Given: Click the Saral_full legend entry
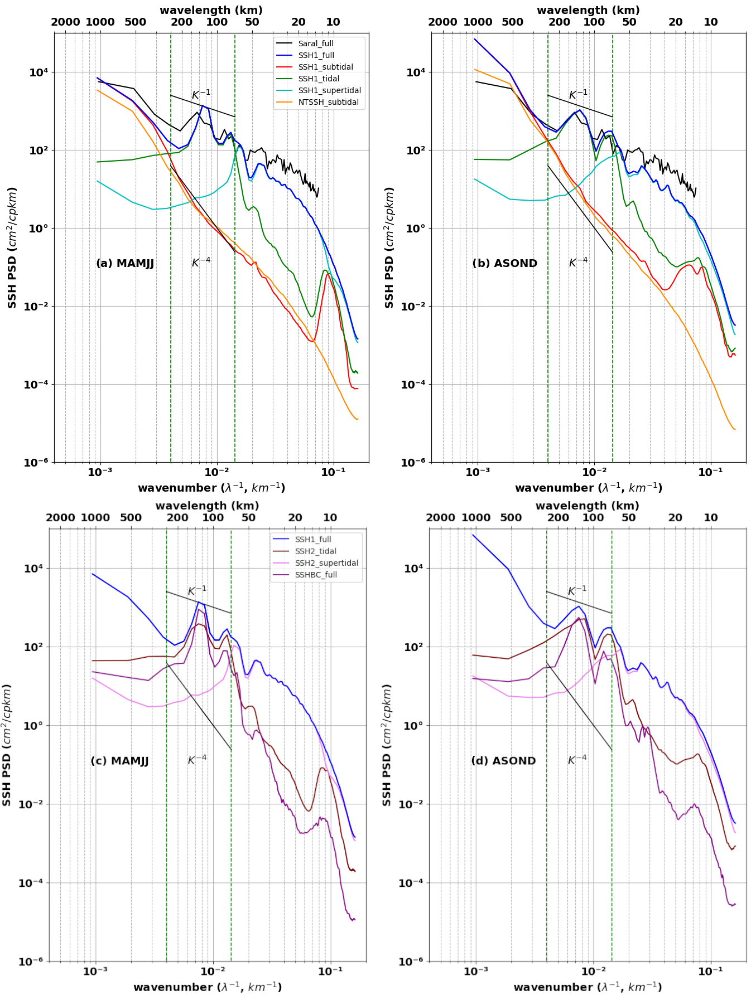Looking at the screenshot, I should point(315,43).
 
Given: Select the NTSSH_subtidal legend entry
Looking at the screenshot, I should point(328,102).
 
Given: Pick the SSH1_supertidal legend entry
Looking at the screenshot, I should point(329,90).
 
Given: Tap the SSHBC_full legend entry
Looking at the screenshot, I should point(316,575).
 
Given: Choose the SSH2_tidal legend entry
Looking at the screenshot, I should point(315,551).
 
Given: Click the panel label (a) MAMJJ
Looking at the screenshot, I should point(125,263).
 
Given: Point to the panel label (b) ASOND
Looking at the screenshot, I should point(504,263).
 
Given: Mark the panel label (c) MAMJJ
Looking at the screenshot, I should point(119,761).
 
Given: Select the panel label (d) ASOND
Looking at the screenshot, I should point(503,761).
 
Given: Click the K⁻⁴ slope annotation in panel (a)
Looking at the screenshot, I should point(201,262).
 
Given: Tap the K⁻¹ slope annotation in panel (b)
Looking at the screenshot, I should point(578,94).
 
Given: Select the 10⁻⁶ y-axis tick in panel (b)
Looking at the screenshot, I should point(415,462).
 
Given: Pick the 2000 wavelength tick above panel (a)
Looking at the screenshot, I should point(65,22).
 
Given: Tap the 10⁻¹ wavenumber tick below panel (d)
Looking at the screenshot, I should point(710,971).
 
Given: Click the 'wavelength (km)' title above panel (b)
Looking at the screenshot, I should point(588,10).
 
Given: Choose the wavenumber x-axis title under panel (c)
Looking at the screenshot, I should point(208,987).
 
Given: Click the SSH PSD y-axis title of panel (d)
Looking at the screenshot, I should point(387,745).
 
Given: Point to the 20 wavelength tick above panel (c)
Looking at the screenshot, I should point(295,517).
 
